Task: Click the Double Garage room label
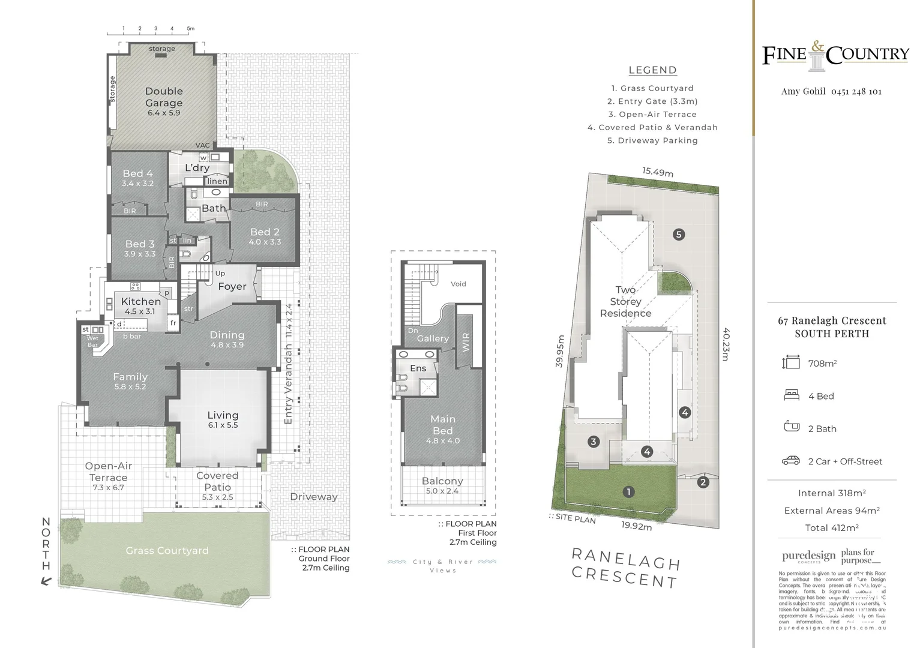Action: pos(164,97)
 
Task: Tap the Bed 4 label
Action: pos(137,174)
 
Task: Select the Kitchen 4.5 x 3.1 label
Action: pos(141,302)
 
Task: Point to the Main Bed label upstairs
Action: pos(443,425)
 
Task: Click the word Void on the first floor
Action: pos(458,284)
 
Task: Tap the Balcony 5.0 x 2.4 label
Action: pos(442,481)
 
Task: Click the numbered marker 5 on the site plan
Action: pos(679,235)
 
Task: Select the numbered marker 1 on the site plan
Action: pos(628,492)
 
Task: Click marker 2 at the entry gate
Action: pos(703,482)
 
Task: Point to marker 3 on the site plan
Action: pos(594,442)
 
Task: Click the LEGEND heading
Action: pos(652,70)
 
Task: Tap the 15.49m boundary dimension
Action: pos(658,172)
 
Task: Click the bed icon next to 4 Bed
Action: pos(791,395)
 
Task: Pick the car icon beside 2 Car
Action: pos(791,461)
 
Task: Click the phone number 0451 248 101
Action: pos(856,92)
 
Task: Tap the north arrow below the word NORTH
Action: pos(46,580)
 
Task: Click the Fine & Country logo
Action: pos(835,55)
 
